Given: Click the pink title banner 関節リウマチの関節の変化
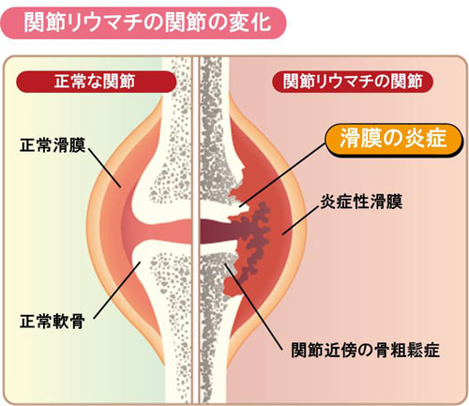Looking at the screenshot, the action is [144, 23].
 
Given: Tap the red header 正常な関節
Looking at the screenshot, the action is [97, 82].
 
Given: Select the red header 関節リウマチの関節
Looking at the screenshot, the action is [353, 82].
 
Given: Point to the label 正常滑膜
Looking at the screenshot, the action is [53, 144].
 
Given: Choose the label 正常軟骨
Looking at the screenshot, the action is [53, 321].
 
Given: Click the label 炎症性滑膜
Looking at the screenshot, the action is [361, 202].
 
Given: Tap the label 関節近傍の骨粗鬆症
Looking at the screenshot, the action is [365, 350].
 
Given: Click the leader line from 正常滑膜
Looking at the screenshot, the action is [105, 168].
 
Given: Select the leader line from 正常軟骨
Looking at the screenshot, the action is [117, 291].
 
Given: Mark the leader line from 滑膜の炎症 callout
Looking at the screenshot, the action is [282, 174].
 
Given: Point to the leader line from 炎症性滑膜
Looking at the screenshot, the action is [300, 220].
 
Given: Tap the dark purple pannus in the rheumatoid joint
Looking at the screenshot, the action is [253, 238].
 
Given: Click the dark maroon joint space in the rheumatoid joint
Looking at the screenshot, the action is [216, 232].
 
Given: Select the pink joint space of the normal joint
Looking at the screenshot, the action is [162, 232].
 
